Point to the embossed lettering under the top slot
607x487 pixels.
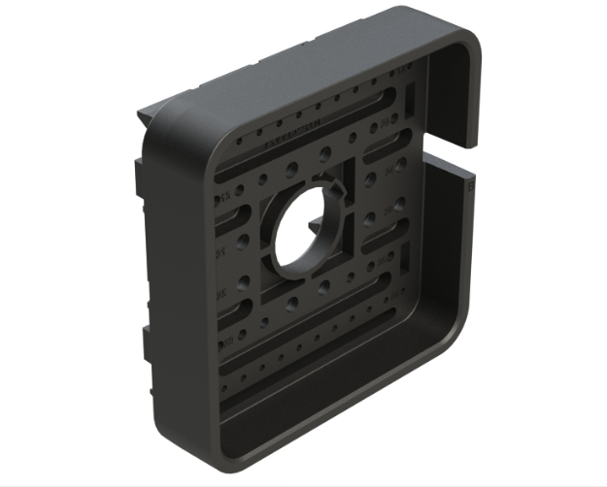(x=291, y=135)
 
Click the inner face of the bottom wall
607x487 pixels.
(x=320, y=407)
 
